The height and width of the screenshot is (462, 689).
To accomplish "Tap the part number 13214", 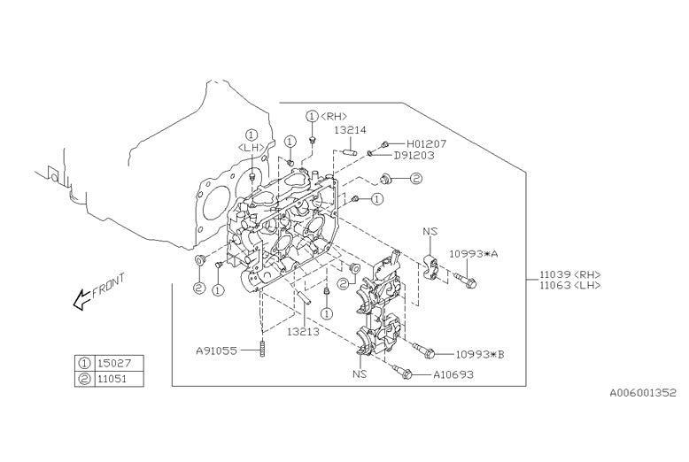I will pyautogui.click(x=350, y=130).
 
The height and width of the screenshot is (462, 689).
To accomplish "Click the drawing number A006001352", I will pyautogui.click(x=642, y=392).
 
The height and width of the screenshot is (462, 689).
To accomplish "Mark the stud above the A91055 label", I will pyautogui.click(x=263, y=347).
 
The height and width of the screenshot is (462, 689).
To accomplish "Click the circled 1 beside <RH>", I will pyautogui.click(x=312, y=117).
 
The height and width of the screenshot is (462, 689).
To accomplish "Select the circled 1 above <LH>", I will pyautogui.click(x=252, y=135).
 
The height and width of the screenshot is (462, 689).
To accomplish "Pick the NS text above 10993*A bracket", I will pyautogui.click(x=430, y=232).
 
